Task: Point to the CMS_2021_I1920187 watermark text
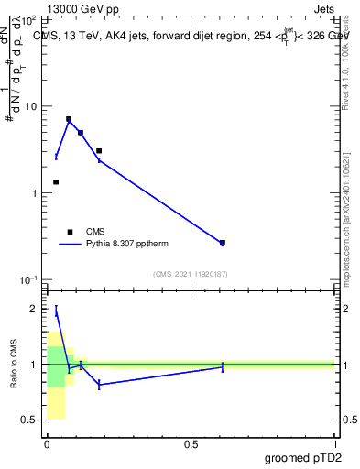(x=191, y=274)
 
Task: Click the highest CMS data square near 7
(x=69, y=119)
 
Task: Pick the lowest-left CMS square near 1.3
(x=56, y=182)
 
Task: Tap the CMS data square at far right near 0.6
(x=223, y=243)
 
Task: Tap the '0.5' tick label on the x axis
(x=191, y=444)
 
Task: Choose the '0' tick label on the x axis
(x=47, y=444)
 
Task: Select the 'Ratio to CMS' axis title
(x=15, y=364)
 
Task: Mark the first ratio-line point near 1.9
(x=56, y=311)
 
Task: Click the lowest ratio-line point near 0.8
(x=99, y=385)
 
